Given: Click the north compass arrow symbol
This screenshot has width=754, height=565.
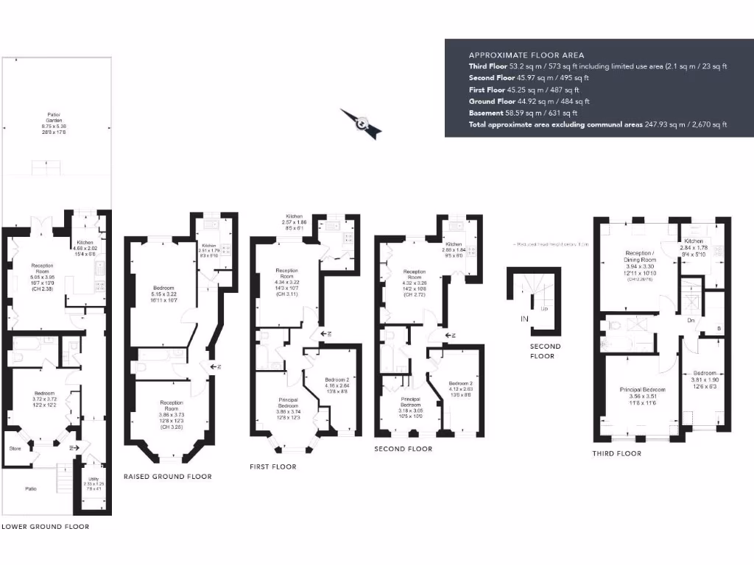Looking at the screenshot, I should click(361, 124).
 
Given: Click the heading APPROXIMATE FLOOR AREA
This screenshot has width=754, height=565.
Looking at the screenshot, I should click(526, 55).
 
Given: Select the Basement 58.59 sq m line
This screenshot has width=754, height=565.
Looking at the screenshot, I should click(523, 113).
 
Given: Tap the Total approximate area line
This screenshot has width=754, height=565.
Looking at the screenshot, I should click(598, 125).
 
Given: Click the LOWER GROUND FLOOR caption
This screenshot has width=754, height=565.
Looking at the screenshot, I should click(45, 527).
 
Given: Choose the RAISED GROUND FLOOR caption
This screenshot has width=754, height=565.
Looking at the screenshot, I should click(167, 477).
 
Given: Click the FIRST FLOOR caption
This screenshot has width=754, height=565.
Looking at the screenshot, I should click(273, 467).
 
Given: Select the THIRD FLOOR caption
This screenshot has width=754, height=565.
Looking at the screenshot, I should click(617, 453).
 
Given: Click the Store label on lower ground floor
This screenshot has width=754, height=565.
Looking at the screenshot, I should click(14, 447).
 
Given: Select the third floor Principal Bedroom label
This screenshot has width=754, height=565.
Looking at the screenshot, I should click(643, 389).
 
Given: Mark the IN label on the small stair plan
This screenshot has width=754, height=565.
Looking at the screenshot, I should click(524, 319).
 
